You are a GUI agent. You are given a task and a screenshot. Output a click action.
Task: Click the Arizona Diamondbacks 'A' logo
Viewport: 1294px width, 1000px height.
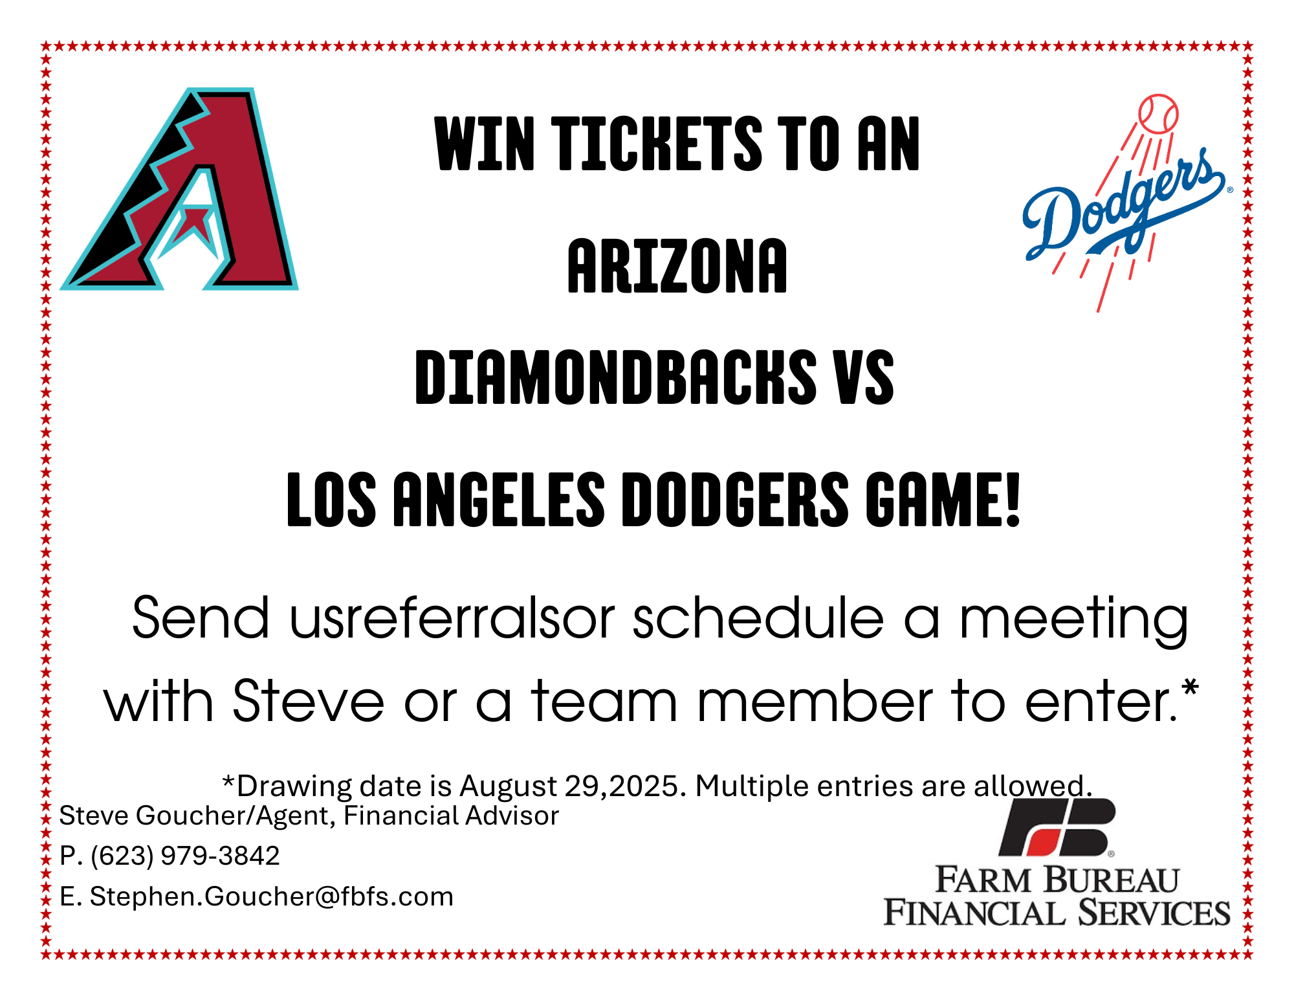180,189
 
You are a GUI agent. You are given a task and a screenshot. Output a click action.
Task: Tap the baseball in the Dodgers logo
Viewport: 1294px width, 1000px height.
1158,115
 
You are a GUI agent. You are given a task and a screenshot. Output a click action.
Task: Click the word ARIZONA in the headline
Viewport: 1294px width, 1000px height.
677,265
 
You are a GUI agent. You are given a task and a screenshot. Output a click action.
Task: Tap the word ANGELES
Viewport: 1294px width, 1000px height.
499,499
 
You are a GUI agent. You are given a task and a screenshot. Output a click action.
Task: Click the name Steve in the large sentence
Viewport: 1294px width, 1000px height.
309,701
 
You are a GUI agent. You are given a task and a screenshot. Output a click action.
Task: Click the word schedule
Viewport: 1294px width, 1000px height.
758,618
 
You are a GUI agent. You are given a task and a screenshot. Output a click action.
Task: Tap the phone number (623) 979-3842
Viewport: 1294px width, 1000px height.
185,856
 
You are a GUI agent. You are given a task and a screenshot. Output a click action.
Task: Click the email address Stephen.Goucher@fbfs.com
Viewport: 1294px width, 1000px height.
272,896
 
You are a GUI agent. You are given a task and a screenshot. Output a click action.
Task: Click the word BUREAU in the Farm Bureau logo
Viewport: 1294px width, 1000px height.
1111,880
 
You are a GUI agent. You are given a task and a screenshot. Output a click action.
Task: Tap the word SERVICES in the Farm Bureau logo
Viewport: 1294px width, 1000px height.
1154,913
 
